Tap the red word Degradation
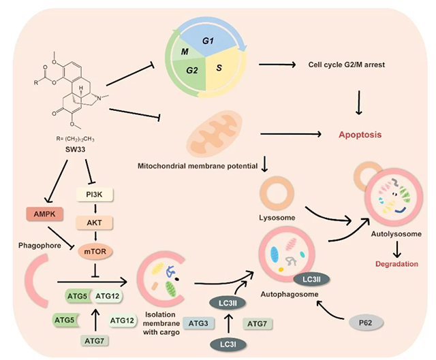[393, 262]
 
